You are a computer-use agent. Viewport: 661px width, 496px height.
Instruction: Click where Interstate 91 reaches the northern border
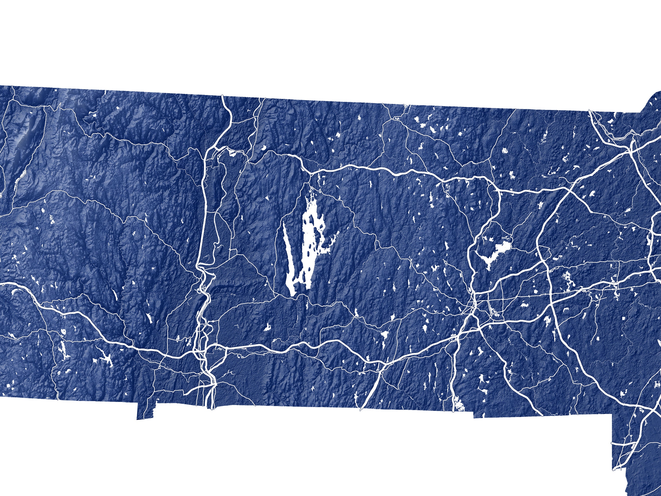pos(223,96)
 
